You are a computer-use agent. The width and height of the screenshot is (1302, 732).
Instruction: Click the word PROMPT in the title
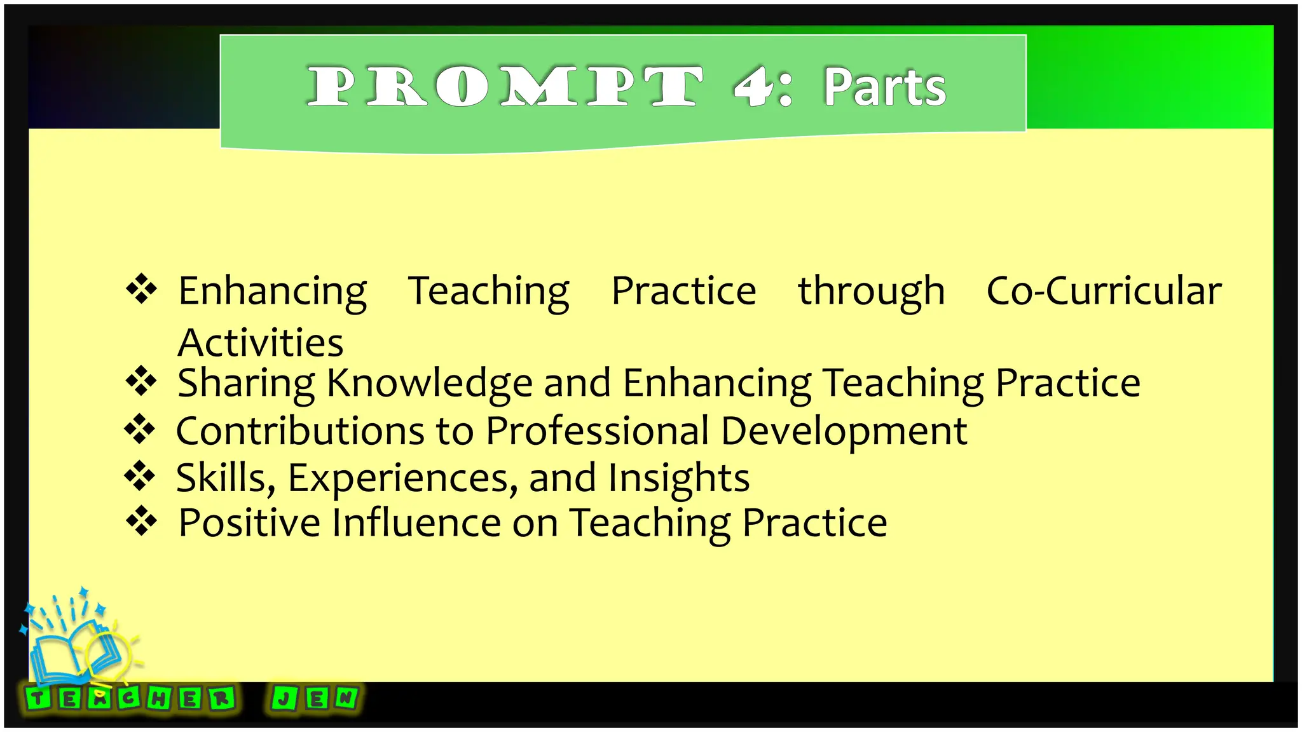coord(505,86)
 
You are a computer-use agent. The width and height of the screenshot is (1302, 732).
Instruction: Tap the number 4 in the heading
coord(752,86)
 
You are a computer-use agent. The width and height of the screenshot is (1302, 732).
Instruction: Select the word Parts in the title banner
coord(885,87)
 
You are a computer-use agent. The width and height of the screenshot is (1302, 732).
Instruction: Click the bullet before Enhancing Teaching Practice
coord(141,289)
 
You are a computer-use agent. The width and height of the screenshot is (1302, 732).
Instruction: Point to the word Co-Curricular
coord(1104,291)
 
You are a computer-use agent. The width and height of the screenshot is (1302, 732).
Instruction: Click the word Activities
coord(261,343)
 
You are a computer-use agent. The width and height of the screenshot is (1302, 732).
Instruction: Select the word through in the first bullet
coord(871,291)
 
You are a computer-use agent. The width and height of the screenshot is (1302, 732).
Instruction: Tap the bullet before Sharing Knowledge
coord(141,381)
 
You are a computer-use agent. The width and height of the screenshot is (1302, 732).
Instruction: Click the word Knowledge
coord(429,383)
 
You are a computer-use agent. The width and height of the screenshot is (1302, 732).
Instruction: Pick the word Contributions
coord(300,431)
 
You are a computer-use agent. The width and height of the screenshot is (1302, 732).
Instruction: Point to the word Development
coord(844,432)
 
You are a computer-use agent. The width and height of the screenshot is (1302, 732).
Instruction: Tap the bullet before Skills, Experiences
coord(140,476)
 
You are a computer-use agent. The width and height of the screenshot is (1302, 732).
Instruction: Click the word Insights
coord(678,478)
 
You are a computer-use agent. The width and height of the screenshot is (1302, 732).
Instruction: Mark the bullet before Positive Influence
coord(141,521)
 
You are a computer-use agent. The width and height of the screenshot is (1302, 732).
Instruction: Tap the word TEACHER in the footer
coord(131,699)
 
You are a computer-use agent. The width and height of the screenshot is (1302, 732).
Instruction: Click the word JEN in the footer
coord(315,698)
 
